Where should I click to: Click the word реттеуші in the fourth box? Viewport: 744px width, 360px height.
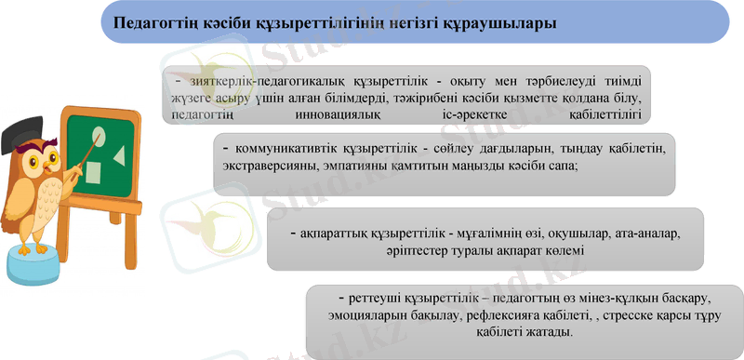coord(371,300)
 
